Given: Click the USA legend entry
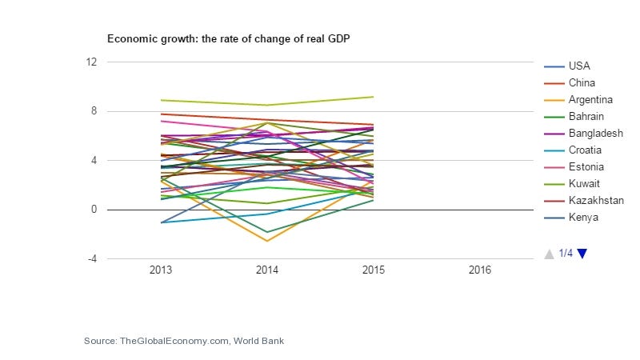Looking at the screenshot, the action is pos(579,66).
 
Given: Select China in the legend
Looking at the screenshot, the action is pos(582,83).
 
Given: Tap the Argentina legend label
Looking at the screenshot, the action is pos(590,99).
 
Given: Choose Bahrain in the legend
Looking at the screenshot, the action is pos(586,116).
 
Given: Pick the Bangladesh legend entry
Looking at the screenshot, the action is pos(596,133).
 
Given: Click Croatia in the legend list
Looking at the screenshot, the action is pos(585,150).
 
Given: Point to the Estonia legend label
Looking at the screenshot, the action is pos(586,166).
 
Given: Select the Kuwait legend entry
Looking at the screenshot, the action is pos(584,183).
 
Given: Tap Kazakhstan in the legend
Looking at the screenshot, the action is pos(596,200).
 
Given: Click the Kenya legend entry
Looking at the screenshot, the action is pos(583,217).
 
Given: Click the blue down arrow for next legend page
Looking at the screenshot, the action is pos(582,254).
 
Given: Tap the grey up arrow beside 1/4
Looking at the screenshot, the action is pos(549,254).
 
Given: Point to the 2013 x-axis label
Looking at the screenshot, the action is pos(161,270).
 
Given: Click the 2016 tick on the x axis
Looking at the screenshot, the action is pos(479,270).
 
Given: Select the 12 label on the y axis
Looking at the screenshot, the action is pos(91,62).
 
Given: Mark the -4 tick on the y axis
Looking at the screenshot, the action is pos(92,258).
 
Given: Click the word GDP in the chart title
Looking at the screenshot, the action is pos(338,38).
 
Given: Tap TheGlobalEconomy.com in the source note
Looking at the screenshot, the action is pos(174,341).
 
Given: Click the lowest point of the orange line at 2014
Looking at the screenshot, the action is pos(267,241).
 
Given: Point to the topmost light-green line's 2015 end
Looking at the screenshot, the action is pos(373,97).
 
